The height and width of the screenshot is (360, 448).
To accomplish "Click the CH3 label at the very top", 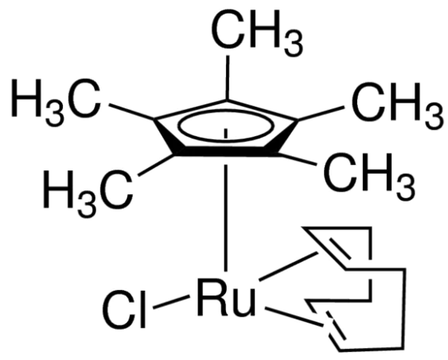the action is click(x=256, y=32).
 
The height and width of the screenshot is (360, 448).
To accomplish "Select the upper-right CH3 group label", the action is click(x=398, y=105).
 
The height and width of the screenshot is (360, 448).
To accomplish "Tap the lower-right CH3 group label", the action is click(x=369, y=177).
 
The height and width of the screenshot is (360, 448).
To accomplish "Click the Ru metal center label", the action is click(x=227, y=298).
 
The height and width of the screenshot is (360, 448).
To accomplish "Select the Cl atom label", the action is click(x=125, y=309).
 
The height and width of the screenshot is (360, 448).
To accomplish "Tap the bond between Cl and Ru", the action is click(x=171, y=302).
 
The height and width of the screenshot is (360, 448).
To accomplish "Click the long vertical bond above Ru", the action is click(x=226, y=217).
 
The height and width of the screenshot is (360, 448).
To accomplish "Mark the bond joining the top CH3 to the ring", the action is click(x=228, y=77).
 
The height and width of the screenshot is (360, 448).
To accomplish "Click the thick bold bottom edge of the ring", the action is click(x=226, y=151).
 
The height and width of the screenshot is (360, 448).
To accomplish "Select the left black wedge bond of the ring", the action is click(x=166, y=137).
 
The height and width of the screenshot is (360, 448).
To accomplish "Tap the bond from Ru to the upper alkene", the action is click(x=289, y=266).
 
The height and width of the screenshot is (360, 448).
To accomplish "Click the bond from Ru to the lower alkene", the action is click(x=294, y=317).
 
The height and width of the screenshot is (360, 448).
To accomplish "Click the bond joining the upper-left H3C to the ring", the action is click(x=131, y=112).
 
